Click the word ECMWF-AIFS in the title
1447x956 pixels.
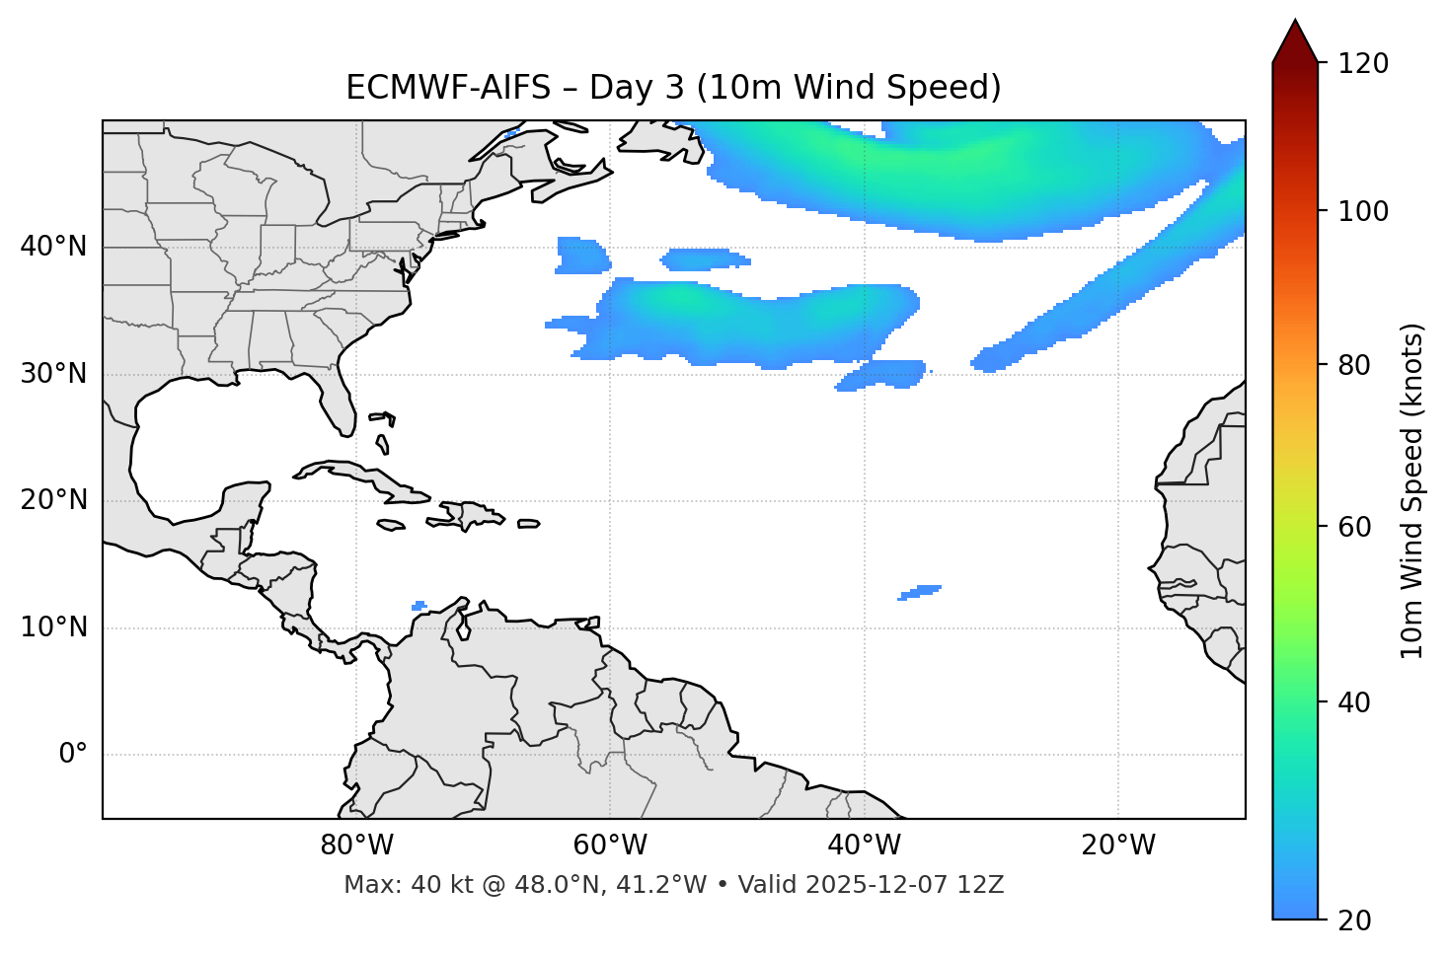click(x=448, y=88)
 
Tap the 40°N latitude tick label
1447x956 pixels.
click(x=53, y=247)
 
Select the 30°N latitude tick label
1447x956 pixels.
click(x=53, y=374)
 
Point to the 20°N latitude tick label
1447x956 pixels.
click(x=53, y=500)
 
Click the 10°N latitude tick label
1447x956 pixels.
click(x=53, y=627)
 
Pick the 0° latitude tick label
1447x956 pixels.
click(x=73, y=755)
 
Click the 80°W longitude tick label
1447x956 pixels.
click(x=356, y=846)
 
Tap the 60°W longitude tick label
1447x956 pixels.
click(x=610, y=846)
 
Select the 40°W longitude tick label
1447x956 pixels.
click(x=864, y=846)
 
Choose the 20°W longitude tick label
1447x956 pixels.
click(x=1118, y=846)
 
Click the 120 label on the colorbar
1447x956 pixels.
click(x=1363, y=64)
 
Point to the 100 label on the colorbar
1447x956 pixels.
click(x=1363, y=211)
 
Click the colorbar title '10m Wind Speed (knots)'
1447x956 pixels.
click(x=1412, y=491)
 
